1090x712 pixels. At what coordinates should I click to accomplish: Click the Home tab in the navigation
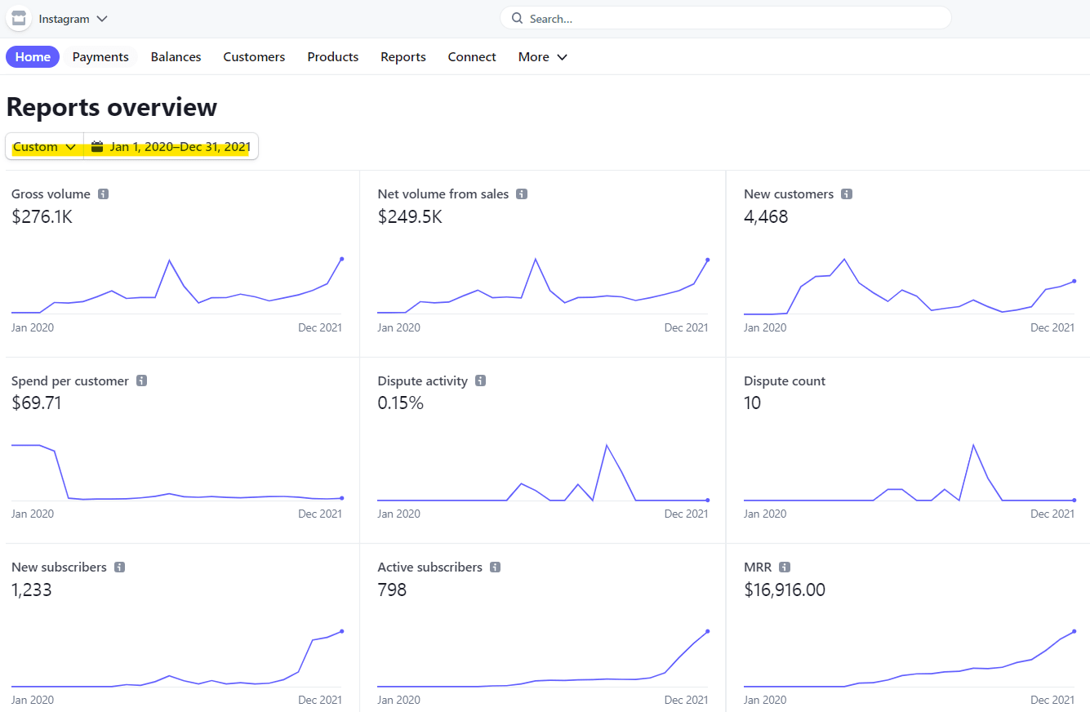point(33,57)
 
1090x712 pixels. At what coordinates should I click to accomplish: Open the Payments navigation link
point(100,57)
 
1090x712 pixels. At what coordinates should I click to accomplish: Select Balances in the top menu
point(176,57)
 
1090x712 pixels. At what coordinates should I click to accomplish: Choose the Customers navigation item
point(254,57)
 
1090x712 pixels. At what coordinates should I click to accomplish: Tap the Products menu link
point(333,57)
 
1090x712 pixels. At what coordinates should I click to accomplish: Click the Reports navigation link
point(403,57)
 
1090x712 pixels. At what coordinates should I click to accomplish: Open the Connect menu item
point(472,57)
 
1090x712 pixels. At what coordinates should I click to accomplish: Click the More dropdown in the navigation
point(542,57)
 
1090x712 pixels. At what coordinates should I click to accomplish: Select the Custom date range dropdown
point(45,147)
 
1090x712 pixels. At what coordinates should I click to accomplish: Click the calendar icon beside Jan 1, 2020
point(97,147)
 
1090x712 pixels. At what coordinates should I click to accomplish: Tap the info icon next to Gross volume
point(104,194)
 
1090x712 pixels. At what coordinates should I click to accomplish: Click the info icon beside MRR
point(785,567)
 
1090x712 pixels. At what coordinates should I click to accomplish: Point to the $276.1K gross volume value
point(42,217)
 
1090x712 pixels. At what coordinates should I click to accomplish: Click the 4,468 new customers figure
point(766,217)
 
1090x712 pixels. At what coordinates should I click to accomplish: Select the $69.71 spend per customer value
point(37,403)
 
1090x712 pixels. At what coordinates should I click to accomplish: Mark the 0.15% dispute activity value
point(400,403)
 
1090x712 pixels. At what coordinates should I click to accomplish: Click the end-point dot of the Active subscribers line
point(707,631)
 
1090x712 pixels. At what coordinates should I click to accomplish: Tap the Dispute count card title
point(785,381)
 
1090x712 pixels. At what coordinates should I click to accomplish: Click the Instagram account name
point(65,19)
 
